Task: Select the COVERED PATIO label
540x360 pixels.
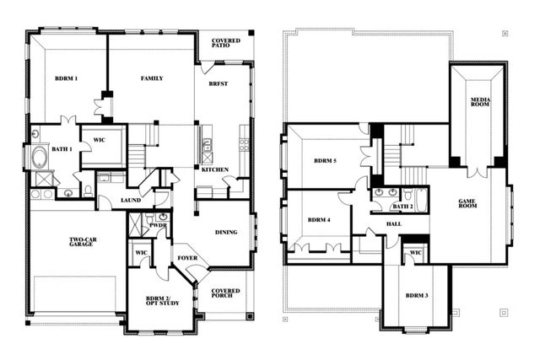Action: (x=225, y=44)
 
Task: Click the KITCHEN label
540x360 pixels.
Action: (x=214, y=169)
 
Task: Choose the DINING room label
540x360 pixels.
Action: (x=225, y=232)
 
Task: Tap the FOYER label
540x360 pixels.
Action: (x=186, y=257)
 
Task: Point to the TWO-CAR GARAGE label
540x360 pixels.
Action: (x=86, y=244)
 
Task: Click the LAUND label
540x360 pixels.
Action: (x=131, y=200)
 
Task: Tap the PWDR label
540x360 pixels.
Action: (x=156, y=226)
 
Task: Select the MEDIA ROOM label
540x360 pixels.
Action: (x=480, y=104)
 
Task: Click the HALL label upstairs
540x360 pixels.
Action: (x=394, y=224)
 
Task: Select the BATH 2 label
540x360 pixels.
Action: (x=402, y=206)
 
